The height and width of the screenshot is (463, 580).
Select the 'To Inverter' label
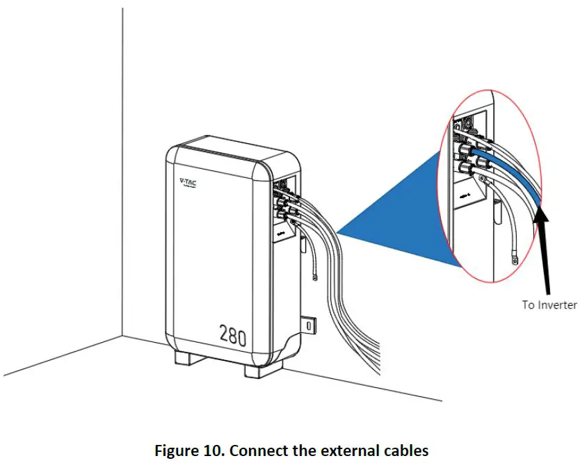tap(549, 304)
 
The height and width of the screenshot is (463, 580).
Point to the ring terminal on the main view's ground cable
tap(315, 278)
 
